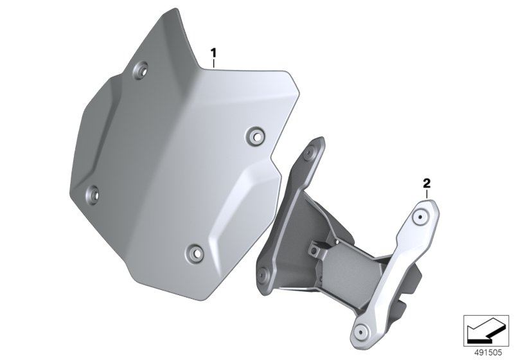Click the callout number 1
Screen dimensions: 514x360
pos(213,53)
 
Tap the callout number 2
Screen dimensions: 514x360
pos(427,184)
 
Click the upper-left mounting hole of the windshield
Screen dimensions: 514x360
pos(140,69)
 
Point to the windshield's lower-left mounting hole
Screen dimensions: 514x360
pos(93,194)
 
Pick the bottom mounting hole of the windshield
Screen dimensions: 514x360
pos(195,253)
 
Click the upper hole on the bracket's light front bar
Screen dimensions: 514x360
pos(420,217)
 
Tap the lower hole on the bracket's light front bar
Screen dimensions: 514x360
pos(360,332)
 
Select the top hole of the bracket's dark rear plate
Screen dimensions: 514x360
pos(309,154)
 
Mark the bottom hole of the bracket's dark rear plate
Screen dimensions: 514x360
pos(263,273)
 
